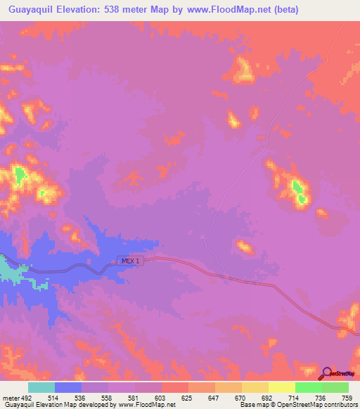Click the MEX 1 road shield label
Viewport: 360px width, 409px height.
pyautogui.click(x=131, y=261)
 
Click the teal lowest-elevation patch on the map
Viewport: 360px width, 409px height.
pyautogui.click(x=10, y=270)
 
